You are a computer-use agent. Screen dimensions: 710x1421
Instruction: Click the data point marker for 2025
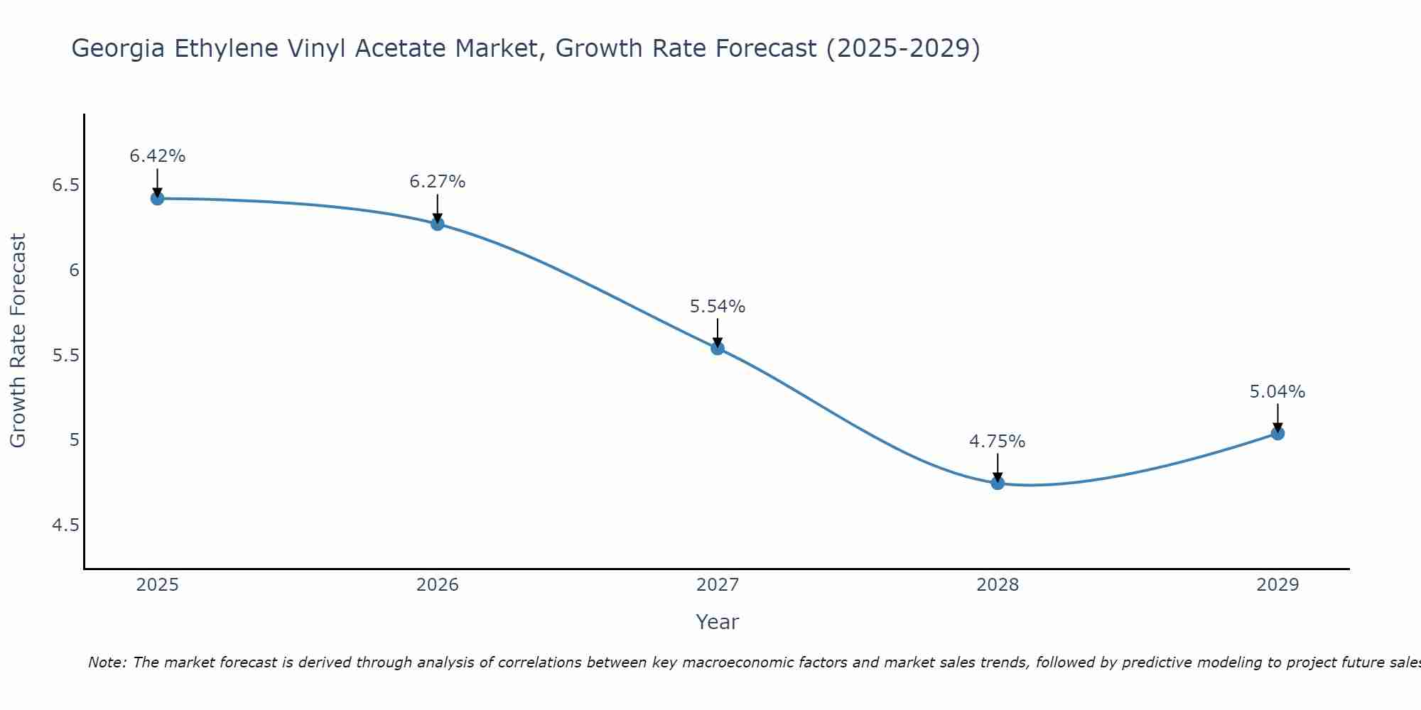pyautogui.click(x=158, y=198)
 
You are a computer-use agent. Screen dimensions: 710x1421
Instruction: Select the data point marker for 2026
pyautogui.click(x=438, y=224)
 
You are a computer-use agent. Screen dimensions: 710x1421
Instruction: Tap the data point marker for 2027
pyautogui.click(x=718, y=348)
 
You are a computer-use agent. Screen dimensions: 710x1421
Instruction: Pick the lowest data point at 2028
pyautogui.click(x=998, y=483)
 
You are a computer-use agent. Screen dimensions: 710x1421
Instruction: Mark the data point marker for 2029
pyautogui.click(x=1277, y=433)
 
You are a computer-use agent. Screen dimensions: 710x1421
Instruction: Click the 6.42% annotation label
pyautogui.click(x=158, y=156)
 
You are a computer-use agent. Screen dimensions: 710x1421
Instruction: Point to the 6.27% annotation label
pyautogui.click(x=438, y=182)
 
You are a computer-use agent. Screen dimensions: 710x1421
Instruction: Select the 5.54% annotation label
pyautogui.click(x=718, y=307)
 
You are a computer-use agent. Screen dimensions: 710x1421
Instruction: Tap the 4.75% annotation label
pyautogui.click(x=998, y=442)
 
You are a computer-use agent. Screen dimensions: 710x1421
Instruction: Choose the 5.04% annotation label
pyautogui.click(x=1277, y=392)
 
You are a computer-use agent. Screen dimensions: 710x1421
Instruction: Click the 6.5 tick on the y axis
pyautogui.click(x=65, y=185)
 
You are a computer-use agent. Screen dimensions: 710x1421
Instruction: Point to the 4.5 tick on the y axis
pyautogui.click(x=65, y=525)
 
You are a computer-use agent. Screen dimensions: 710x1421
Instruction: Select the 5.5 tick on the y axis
pyautogui.click(x=65, y=356)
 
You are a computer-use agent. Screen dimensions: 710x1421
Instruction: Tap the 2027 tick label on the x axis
pyautogui.click(x=718, y=585)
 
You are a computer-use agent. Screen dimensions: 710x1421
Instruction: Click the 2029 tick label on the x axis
pyautogui.click(x=1277, y=585)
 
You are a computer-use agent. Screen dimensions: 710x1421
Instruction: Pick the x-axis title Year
pyautogui.click(x=718, y=622)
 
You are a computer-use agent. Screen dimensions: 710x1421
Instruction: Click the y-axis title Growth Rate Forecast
pyautogui.click(x=18, y=341)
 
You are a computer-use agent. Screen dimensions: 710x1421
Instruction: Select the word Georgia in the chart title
pyautogui.click(x=118, y=49)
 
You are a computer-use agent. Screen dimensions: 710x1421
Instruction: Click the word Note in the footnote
pyautogui.click(x=107, y=662)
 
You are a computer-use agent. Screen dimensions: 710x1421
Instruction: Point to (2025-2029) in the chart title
pyautogui.click(x=903, y=48)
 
